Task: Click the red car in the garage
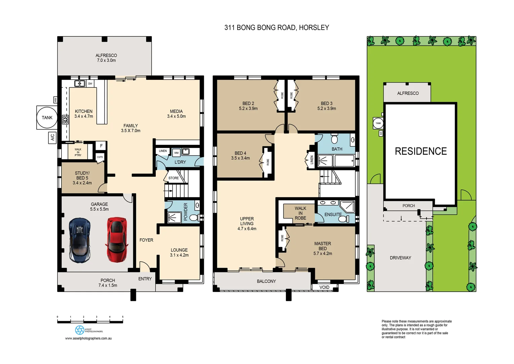tap(116, 240)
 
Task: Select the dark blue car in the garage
tap(80, 240)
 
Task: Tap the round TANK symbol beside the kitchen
tap(47, 118)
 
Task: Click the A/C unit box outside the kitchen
tap(52, 138)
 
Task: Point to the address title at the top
tap(277, 28)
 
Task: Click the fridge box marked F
tap(101, 146)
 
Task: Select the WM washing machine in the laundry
tap(176, 153)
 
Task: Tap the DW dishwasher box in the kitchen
tap(90, 84)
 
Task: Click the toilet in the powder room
tap(194, 218)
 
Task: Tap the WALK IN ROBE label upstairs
tap(300, 213)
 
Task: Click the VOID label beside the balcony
tap(324, 287)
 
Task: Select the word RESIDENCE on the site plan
tap(420, 151)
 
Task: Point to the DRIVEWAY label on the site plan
tap(400, 258)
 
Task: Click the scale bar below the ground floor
tap(90, 322)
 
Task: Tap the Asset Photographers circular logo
tap(79, 330)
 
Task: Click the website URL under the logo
tap(88, 338)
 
